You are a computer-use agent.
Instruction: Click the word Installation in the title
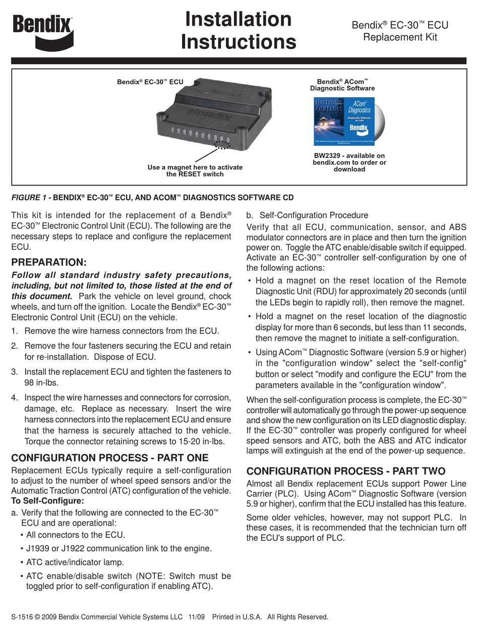pos(238,20)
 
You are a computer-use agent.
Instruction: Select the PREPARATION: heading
pos(49,263)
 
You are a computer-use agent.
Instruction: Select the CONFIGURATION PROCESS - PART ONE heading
pos(109,458)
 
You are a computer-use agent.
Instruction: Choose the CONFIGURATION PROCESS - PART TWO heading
pos(345,471)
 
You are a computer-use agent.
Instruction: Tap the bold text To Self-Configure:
pos(47,501)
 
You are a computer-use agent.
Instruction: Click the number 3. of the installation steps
pos(15,372)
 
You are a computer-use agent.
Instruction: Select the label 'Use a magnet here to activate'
pos(195,167)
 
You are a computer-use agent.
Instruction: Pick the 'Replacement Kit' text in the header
pos(400,37)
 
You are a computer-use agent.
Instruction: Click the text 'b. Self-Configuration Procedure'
pos(307,215)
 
